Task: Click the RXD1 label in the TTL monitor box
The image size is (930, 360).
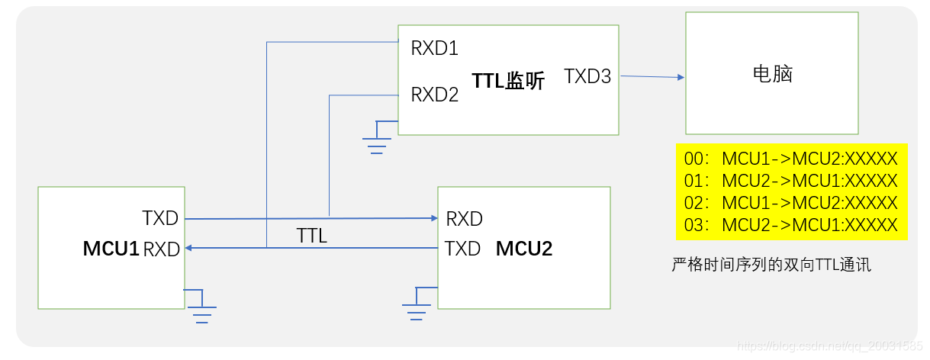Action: [434, 49]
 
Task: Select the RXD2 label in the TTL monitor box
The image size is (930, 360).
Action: [434, 95]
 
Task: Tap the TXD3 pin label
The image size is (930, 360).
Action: [587, 76]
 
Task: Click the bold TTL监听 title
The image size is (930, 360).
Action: [508, 81]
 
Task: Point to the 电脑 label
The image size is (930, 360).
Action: [772, 74]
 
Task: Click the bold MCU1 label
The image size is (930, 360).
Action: [111, 249]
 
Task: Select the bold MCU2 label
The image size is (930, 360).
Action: [524, 249]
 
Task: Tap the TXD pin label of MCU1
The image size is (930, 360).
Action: [160, 218]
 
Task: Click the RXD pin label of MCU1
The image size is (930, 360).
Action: [162, 249]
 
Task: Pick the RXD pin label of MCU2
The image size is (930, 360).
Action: [464, 219]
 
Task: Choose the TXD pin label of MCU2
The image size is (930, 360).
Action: [462, 249]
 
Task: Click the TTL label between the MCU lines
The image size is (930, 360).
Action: [311, 236]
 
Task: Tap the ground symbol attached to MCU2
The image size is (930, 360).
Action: [416, 307]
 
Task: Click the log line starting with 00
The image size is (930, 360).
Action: [790, 159]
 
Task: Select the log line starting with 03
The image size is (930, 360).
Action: [790, 226]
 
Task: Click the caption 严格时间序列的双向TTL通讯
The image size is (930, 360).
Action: [771, 265]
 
